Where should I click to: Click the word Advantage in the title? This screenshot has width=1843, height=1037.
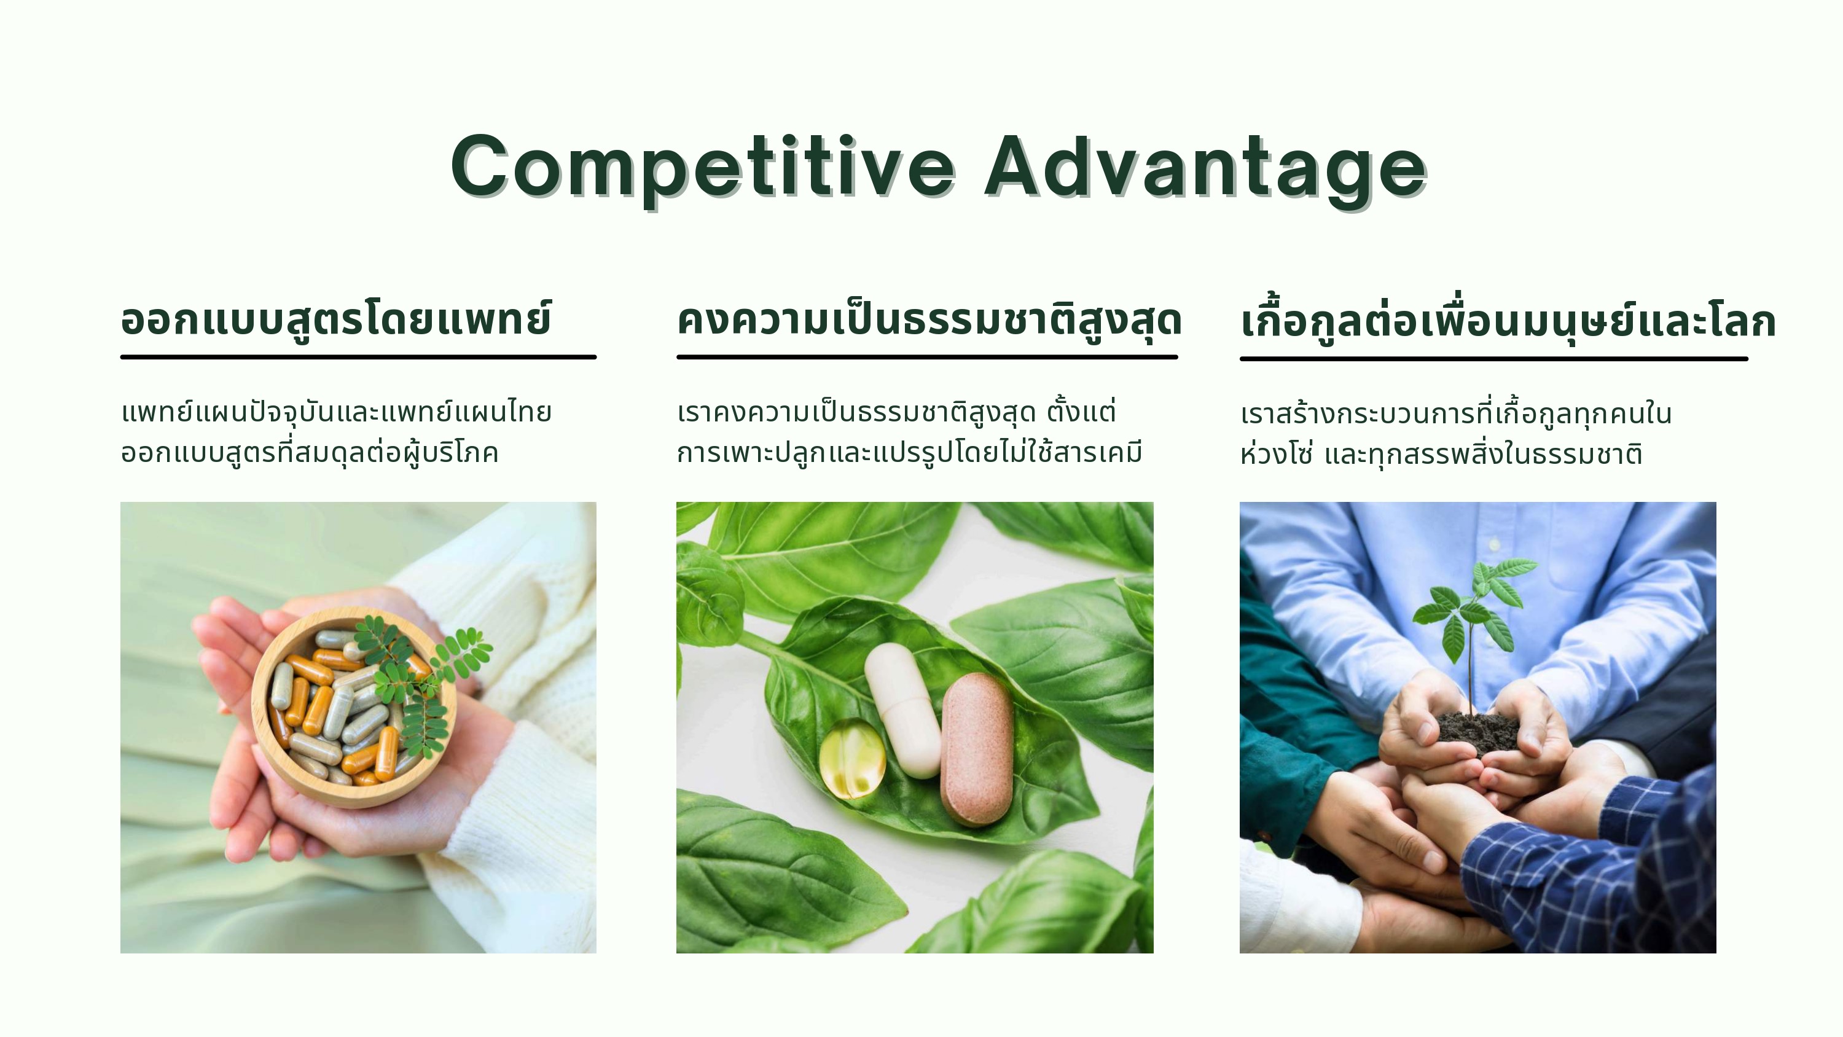1207,168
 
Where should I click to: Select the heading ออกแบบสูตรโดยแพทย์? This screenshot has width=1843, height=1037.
336,320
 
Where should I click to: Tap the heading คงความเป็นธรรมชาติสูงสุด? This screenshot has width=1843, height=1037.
929,320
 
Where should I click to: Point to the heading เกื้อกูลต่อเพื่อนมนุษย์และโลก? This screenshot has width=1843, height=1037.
1508,320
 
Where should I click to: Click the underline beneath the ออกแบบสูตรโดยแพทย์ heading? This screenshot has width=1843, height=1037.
358,356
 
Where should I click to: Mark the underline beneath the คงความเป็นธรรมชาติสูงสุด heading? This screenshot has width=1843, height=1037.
927,356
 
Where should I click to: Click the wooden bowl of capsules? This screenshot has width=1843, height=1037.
353,707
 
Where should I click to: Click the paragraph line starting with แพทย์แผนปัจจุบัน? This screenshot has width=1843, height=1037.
336,413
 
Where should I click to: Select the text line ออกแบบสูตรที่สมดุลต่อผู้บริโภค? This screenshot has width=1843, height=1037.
309,453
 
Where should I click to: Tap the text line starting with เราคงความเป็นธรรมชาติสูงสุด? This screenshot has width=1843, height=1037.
896,412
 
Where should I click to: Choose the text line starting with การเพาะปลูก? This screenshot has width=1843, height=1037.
909,453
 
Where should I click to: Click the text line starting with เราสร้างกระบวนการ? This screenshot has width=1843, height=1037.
1456,413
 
